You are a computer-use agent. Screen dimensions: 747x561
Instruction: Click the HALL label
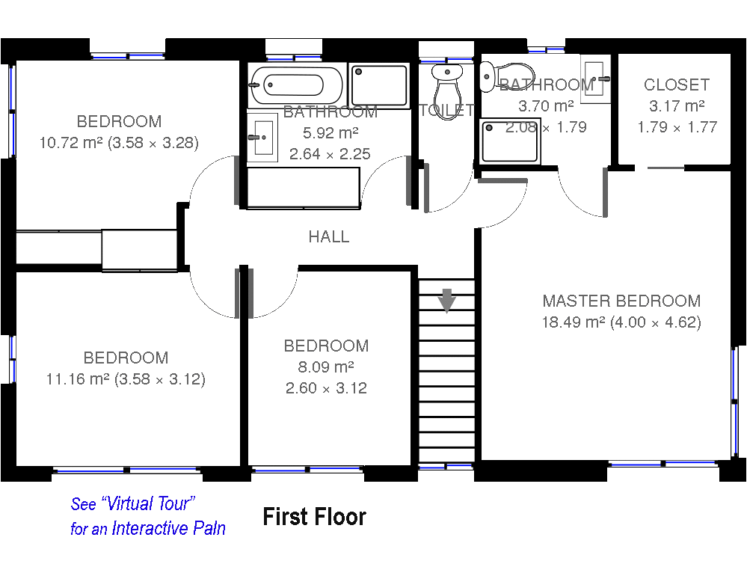pos(329,236)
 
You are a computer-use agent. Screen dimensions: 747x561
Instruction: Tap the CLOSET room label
pos(677,85)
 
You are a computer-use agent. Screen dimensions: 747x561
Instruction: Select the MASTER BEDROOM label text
pos(621,301)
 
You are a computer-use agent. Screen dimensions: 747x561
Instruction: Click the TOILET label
pos(446,110)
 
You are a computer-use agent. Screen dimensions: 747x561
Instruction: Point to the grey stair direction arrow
pos(447,301)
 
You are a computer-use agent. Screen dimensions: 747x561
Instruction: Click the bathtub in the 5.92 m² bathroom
pos(296,85)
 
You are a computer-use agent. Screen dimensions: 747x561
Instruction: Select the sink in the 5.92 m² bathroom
pos(262,138)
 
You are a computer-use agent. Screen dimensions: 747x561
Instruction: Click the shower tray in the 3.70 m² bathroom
pos(510,141)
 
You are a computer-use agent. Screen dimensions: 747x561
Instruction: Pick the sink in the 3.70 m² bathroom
pos(595,79)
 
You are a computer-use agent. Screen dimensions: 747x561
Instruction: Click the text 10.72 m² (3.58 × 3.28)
pos(119,143)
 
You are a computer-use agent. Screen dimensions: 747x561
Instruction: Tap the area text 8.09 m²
pos(326,367)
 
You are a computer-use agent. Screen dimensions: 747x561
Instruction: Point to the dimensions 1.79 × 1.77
pos(677,127)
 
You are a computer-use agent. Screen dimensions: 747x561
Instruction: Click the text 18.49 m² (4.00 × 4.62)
pos(621,322)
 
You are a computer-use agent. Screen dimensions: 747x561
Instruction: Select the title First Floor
pos(314,517)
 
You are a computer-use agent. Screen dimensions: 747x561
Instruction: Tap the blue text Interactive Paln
pos(169,528)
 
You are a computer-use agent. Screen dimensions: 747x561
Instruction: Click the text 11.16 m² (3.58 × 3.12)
pos(126,379)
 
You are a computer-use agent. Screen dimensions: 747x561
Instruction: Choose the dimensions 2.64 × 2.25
pos(330,154)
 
